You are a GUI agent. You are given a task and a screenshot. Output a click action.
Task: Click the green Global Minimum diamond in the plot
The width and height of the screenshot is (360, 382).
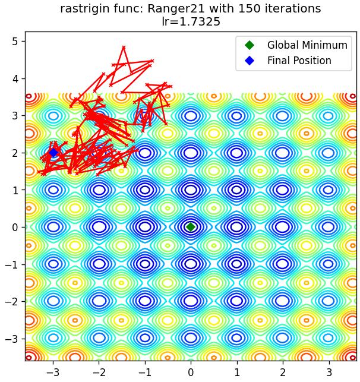191,227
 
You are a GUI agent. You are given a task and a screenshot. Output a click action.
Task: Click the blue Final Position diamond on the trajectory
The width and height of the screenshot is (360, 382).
53,153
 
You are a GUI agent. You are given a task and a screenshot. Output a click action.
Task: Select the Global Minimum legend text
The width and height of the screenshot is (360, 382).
307,45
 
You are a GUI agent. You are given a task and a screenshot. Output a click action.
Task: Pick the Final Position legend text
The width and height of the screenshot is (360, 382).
299,61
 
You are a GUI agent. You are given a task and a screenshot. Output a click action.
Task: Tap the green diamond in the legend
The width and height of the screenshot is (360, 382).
250,45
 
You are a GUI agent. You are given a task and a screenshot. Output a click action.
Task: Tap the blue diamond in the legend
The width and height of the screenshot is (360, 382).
250,61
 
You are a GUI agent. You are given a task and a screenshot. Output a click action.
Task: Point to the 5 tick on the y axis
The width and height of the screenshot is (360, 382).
15,42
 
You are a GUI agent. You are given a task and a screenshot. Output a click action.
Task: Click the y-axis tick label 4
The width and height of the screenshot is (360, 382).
15,78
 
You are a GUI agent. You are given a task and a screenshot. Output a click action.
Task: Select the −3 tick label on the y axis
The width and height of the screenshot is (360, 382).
12,339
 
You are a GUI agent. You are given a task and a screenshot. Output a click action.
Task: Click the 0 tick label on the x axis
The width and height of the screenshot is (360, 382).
191,372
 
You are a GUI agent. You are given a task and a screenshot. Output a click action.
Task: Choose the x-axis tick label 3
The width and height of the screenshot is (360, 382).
329,372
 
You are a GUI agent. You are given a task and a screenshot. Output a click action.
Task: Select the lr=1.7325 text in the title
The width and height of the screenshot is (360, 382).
191,21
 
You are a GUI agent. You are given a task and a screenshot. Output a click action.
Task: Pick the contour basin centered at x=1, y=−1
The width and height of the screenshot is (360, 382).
236,264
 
